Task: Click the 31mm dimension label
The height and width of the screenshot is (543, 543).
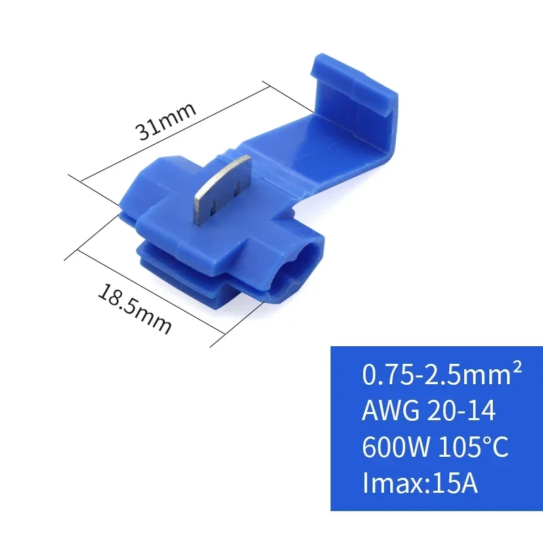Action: [166, 120]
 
